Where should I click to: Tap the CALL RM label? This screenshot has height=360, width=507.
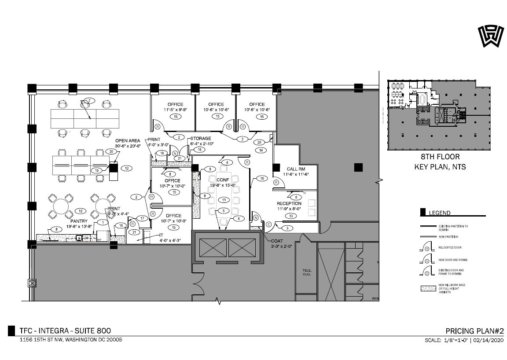pyautogui.click(x=295, y=169)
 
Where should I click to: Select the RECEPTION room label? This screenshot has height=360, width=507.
pyautogui.click(x=289, y=203)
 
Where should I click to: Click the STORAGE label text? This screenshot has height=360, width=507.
pyautogui.click(x=200, y=139)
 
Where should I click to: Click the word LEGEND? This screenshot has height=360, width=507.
pyautogui.click(x=440, y=213)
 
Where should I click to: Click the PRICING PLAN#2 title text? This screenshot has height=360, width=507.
pyautogui.click(x=474, y=331)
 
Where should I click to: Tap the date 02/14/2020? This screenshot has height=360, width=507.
pyautogui.click(x=489, y=340)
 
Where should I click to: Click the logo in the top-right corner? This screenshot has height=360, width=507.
pyautogui.click(x=489, y=36)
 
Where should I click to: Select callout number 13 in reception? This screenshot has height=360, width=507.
pyautogui.click(x=291, y=216)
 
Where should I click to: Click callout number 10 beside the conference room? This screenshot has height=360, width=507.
pyautogui.click(x=261, y=178)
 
